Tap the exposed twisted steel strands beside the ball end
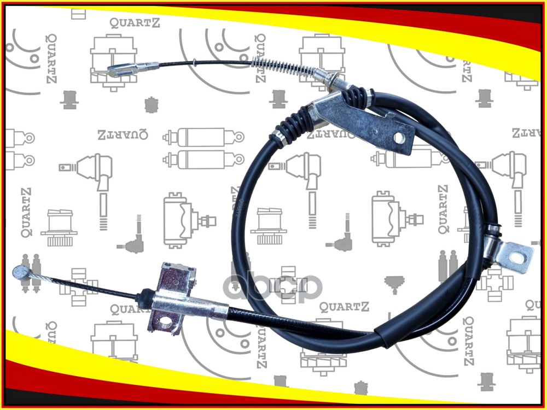(41, 278)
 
